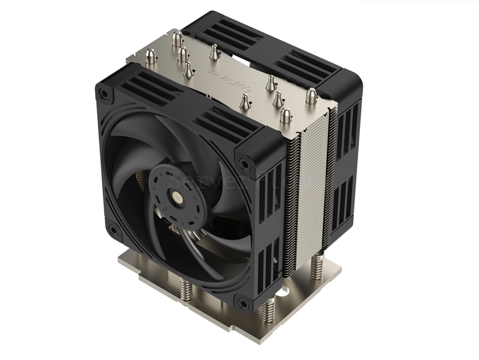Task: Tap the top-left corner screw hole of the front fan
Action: coord(105,93)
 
